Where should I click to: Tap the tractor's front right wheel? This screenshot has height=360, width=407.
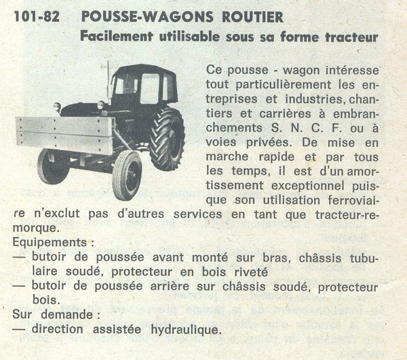[126, 174]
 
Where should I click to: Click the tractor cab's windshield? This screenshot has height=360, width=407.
[126, 86]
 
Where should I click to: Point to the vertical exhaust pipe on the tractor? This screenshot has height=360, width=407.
[108, 80]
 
